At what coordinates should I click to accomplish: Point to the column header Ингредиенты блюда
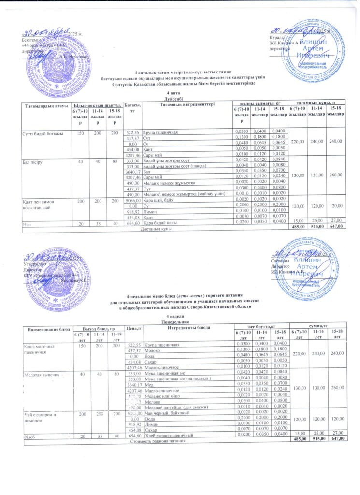(189, 328)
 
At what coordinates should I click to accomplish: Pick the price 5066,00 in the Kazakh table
(132, 199)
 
